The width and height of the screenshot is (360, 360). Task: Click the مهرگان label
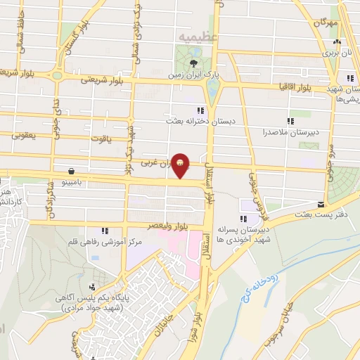click(x=327, y=23)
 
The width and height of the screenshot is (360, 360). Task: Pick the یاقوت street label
click(x=102, y=139)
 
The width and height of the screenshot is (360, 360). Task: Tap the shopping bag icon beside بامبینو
click(x=72, y=171)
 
